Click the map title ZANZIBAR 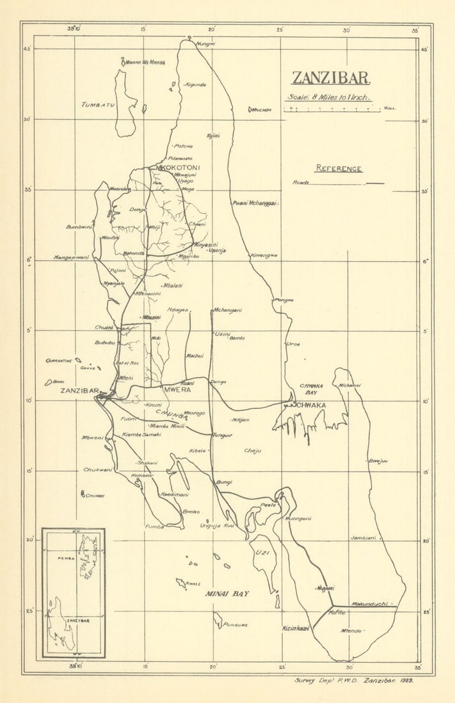click(x=331, y=78)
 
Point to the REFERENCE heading click(x=339, y=169)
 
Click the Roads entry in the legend click(x=301, y=183)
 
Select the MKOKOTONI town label click(x=179, y=167)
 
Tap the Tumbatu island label click(x=98, y=104)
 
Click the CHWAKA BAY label click(x=311, y=389)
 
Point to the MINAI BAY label click(x=227, y=594)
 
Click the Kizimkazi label click(x=296, y=629)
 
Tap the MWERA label click(x=177, y=389)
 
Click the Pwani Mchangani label click(x=254, y=203)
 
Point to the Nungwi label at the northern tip click(x=205, y=43)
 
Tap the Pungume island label click(x=235, y=624)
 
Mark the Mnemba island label click(x=262, y=110)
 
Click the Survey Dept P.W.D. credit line click(x=353, y=681)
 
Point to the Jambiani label click(x=363, y=538)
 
